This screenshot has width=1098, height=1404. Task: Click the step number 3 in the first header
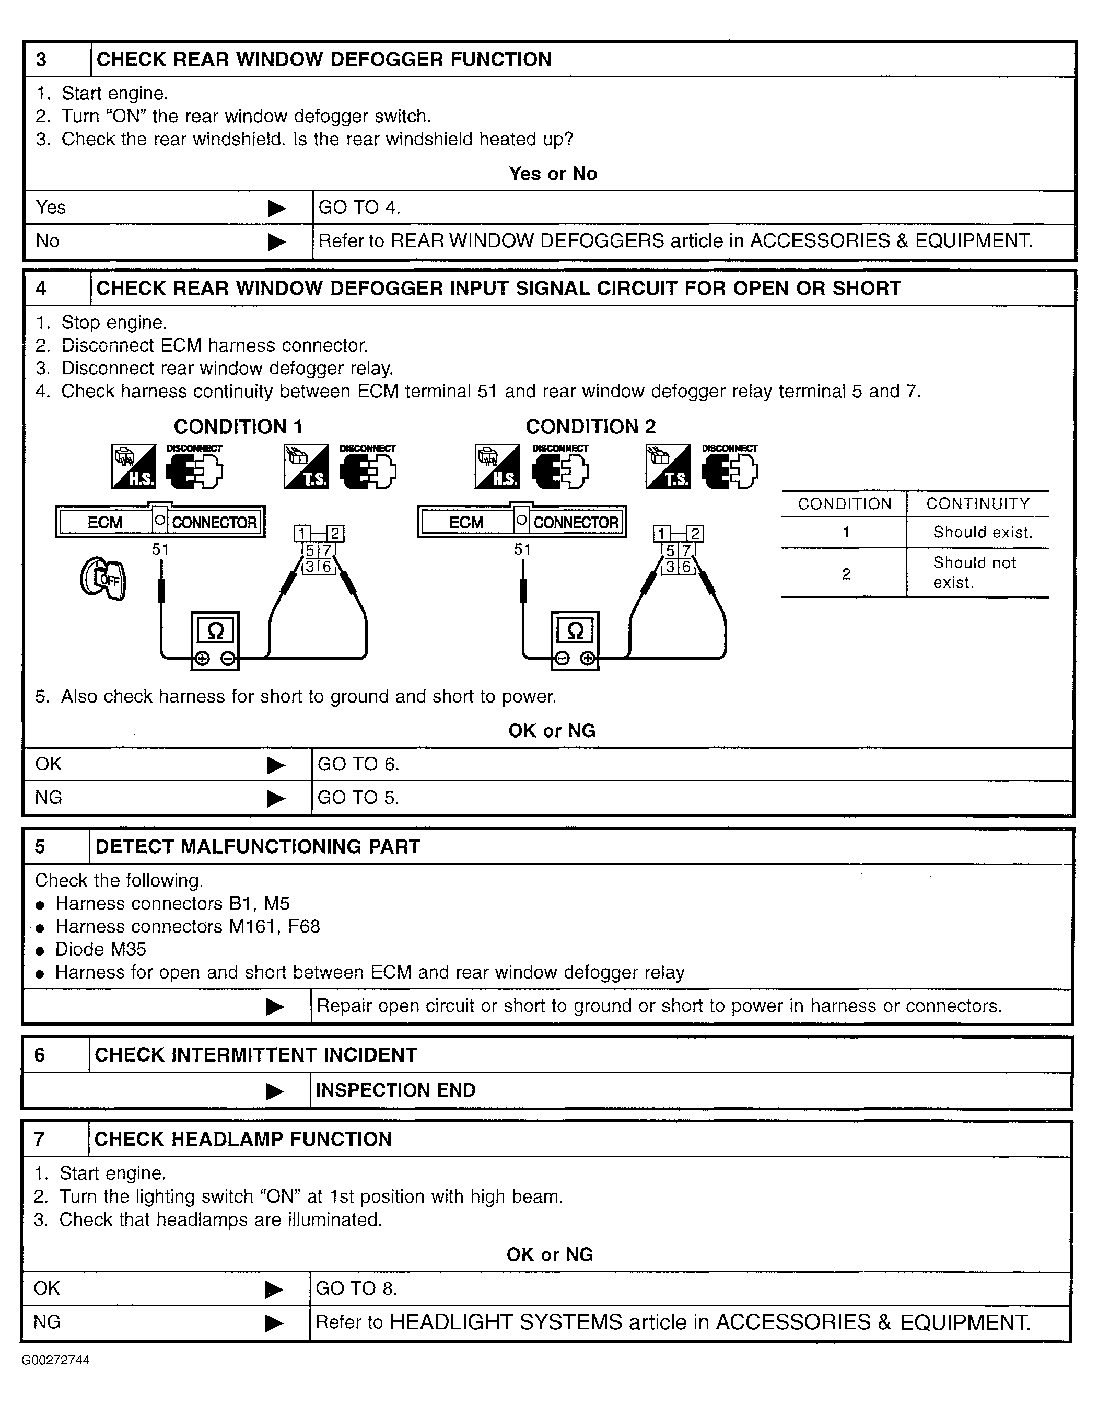(41, 60)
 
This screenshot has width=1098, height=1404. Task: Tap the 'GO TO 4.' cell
(359, 208)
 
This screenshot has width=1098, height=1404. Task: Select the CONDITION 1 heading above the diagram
(238, 427)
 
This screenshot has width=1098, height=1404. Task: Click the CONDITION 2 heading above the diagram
(591, 427)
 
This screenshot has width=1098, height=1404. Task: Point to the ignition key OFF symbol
(103, 579)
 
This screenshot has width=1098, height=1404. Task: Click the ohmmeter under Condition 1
(215, 640)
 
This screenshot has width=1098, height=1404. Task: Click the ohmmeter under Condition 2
(575, 640)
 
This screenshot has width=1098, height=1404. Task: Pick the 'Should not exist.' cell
(974, 572)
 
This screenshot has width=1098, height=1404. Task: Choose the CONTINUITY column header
(977, 503)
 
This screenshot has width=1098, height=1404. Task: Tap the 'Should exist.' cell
(982, 532)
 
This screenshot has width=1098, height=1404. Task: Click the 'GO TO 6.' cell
(359, 764)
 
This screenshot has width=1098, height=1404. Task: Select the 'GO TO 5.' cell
(359, 798)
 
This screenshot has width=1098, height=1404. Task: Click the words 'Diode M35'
(101, 949)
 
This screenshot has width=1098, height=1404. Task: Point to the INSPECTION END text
(395, 1090)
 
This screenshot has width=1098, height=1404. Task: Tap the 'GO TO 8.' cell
(357, 1288)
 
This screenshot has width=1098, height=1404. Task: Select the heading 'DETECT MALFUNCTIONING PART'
(257, 846)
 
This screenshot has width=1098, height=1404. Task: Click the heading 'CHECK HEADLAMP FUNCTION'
(243, 1139)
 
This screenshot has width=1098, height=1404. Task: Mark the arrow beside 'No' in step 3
(276, 242)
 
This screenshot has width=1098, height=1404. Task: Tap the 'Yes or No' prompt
(553, 174)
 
